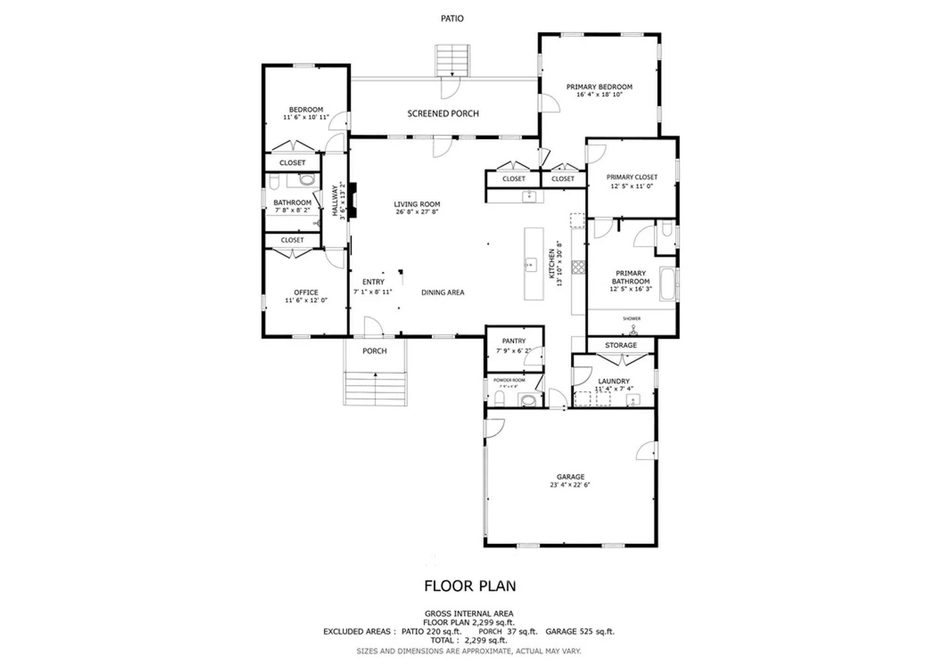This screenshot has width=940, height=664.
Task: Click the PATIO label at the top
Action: click(x=452, y=18)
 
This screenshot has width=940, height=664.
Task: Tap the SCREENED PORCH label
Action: click(x=443, y=114)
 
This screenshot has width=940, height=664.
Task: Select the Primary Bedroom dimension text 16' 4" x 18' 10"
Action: click(x=599, y=94)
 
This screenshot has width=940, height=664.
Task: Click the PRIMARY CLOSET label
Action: click(x=632, y=177)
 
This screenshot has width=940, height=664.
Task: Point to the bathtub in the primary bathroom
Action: click(x=667, y=284)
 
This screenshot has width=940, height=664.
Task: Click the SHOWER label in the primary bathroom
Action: click(x=632, y=318)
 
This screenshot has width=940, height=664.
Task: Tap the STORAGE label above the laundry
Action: click(x=621, y=345)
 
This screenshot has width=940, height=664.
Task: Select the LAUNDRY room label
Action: click(x=613, y=381)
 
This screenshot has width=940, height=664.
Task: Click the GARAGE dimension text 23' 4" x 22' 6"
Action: click(x=570, y=485)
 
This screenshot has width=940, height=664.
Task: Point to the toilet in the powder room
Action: click(x=500, y=399)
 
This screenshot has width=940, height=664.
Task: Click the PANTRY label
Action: click(x=514, y=341)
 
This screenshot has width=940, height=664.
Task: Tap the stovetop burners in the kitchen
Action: click(x=578, y=267)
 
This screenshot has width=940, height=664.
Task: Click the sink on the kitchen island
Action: click(x=531, y=265)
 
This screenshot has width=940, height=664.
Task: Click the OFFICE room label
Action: click(x=306, y=292)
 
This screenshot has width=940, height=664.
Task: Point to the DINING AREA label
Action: click(x=442, y=292)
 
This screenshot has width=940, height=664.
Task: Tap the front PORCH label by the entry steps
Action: click(x=374, y=351)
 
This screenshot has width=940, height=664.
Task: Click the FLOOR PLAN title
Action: click(x=470, y=586)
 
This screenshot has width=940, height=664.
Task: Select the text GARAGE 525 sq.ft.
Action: click(x=580, y=632)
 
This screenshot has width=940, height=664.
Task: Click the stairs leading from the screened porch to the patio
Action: click(x=452, y=60)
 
